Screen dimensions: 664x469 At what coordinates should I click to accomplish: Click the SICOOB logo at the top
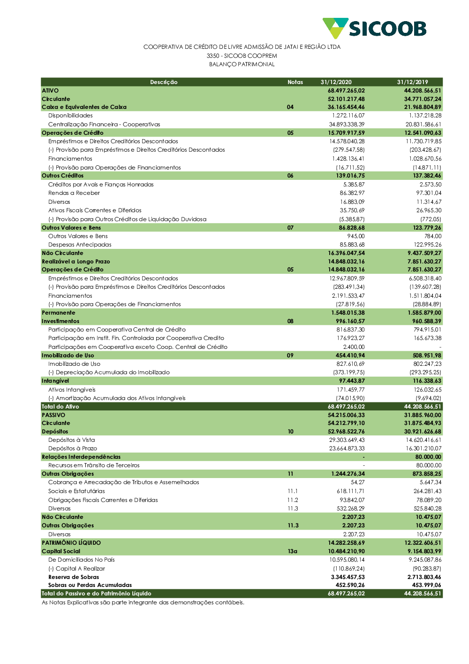click(x=374, y=28)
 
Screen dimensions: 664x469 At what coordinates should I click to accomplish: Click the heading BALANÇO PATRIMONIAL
click(x=242, y=64)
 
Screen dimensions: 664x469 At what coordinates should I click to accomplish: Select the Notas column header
click(x=295, y=82)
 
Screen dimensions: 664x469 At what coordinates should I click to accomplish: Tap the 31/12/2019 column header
click(x=412, y=82)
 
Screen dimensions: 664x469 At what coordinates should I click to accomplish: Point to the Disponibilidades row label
click(x=70, y=116)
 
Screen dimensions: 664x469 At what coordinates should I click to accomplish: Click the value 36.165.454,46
click(x=346, y=107)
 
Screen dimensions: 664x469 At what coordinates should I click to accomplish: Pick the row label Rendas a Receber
click(x=74, y=193)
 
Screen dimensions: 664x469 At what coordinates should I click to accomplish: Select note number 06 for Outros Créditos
click(x=290, y=176)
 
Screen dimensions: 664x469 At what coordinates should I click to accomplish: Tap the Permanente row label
click(x=58, y=313)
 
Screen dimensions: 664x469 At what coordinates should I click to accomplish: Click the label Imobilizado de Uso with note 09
click(x=68, y=355)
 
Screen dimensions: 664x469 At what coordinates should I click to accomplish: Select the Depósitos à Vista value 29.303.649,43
click(x=347, y=440)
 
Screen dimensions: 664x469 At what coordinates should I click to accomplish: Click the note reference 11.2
click(x=293, y=500)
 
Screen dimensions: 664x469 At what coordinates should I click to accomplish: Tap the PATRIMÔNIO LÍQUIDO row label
click(x=71, y=543)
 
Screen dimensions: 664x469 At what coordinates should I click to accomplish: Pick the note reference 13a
click(x=292, y=551)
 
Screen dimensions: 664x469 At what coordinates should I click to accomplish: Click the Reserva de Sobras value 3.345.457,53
click(x=348, y=577)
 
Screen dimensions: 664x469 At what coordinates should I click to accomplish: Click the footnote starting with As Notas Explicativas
click(x=143, y=602)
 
